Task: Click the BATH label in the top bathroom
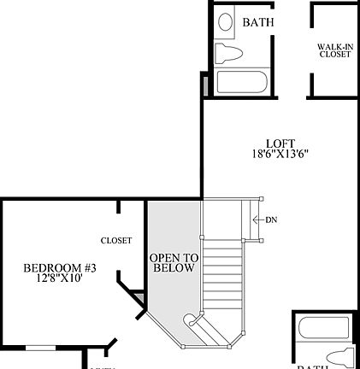coord(257,22)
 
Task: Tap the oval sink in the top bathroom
coord(226,23)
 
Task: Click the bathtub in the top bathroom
coord(243,83)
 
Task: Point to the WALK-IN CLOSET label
coord(334,50)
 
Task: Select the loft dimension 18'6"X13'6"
coord(280,155)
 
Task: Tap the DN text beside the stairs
coord(271,220)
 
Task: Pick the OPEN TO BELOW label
coord(174,262)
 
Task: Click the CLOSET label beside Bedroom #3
coord(115,240)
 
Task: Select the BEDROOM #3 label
coord(60,268)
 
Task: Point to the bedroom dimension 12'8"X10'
coord(60,278)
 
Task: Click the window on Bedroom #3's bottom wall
coord(41,348)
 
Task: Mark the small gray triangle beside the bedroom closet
coord(137,296)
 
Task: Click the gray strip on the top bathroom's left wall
coord(205,84)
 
